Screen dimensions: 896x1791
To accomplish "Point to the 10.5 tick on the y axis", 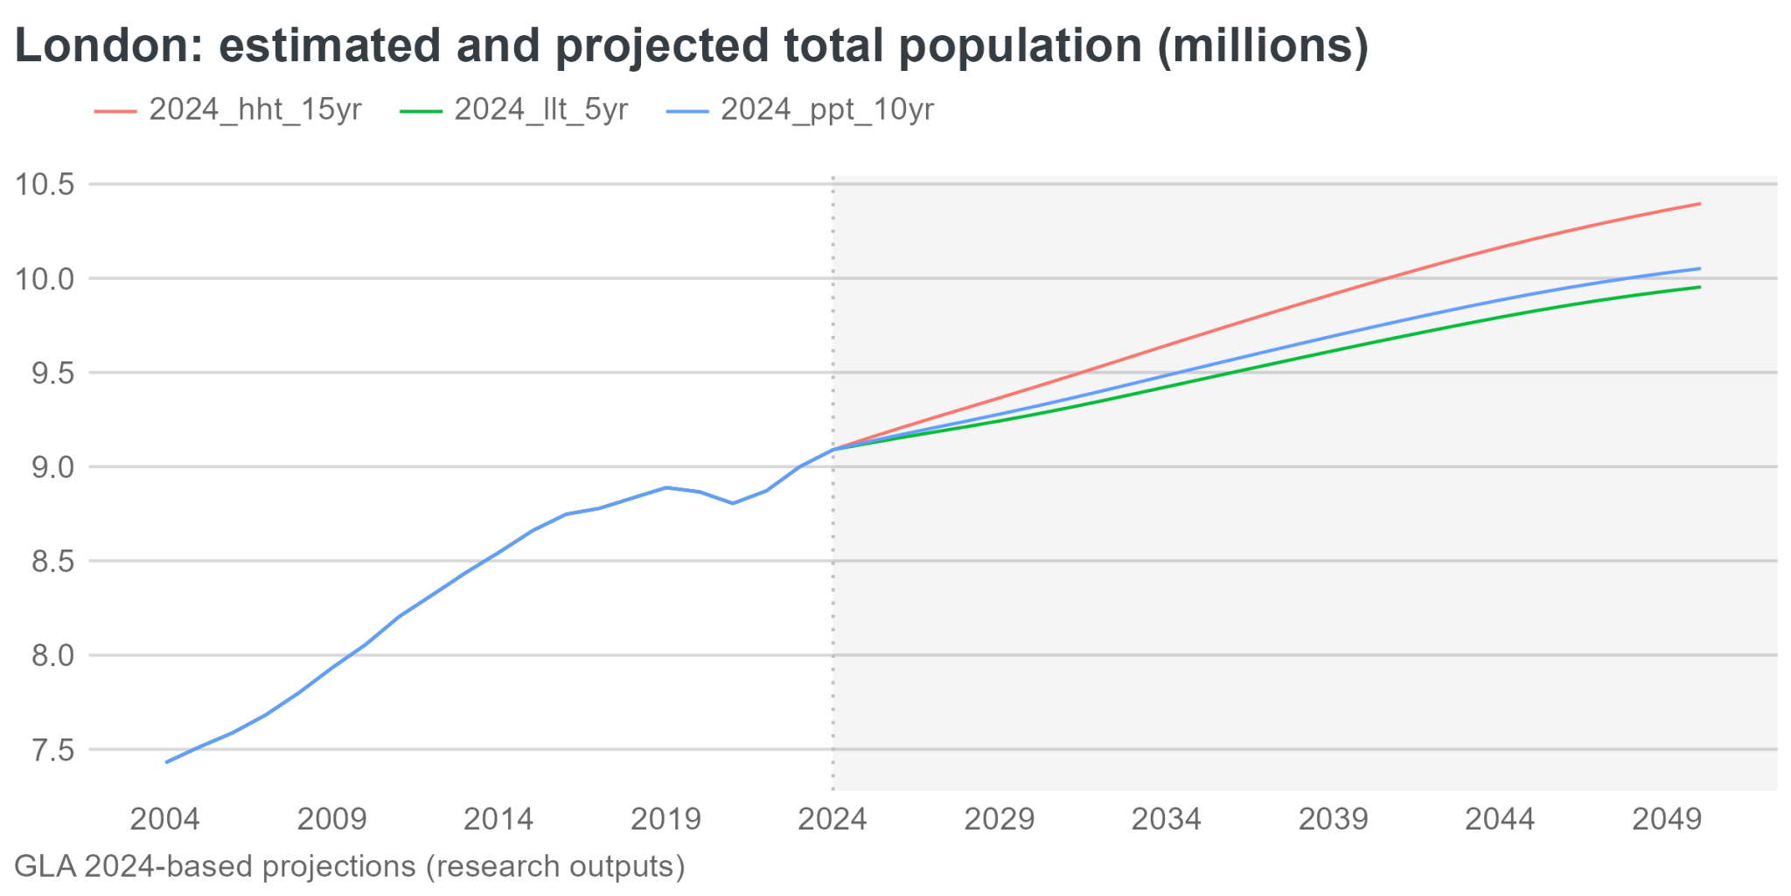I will point(45,185).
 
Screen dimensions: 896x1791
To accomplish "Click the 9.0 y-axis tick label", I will point(52,467).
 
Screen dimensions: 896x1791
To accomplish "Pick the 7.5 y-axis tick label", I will point(52,751).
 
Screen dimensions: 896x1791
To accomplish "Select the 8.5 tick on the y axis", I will point(52,562).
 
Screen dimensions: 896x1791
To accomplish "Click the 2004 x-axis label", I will point(164,820).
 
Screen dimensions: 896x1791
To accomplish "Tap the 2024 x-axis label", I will point(832,820).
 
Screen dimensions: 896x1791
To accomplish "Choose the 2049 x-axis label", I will point(1667,820).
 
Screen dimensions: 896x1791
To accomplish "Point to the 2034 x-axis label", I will point(1166,820).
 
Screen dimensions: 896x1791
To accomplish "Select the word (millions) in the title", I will point(1263,45).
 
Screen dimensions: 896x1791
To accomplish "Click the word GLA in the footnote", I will point(45,866).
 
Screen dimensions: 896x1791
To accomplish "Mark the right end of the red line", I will point(1699,204).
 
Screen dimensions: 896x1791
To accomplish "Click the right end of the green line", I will point(1699,287).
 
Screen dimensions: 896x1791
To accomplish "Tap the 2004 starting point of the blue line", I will point(166,762).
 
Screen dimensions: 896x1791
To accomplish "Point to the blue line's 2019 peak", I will point(666,487).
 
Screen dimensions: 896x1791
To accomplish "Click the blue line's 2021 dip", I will point(733,503).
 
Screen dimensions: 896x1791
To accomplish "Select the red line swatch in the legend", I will point(115,112).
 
